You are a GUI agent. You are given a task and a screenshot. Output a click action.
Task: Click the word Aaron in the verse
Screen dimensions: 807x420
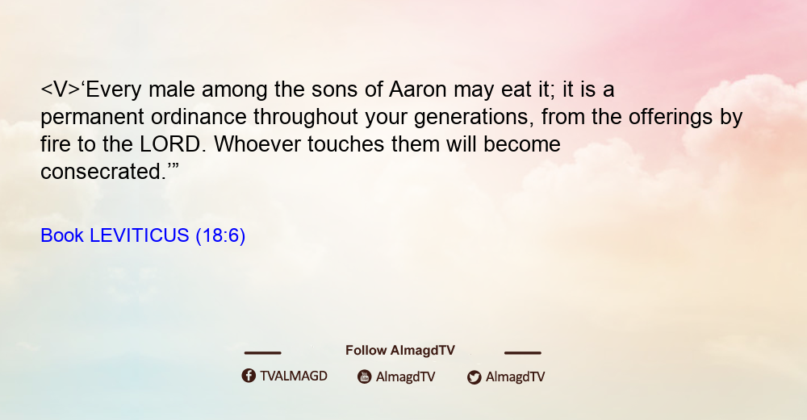click(417, 89)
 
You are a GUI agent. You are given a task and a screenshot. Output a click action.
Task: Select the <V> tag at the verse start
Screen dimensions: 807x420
click(61, 89)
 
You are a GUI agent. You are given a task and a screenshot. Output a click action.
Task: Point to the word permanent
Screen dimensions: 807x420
click(92, 118)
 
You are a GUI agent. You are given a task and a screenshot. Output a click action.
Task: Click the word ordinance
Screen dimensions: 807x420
click(199, 117)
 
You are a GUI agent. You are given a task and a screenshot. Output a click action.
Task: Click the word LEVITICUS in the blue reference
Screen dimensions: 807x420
click(140, 235)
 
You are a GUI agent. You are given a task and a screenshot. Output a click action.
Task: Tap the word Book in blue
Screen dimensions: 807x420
click(62, 235)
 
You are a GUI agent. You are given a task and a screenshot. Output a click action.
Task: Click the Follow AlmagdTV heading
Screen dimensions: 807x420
click(400, 350)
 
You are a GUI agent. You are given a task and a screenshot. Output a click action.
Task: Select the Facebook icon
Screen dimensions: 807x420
click(249, 376)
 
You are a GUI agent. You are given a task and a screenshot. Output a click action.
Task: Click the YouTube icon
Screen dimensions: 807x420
click(365, 376)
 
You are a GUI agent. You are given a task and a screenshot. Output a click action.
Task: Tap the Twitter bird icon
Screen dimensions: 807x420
click(474, 377)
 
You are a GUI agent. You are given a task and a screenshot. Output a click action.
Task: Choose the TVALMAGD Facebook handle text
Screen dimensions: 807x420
click(294, 376)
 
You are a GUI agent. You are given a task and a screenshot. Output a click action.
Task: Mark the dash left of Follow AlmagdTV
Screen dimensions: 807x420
click(262, 353)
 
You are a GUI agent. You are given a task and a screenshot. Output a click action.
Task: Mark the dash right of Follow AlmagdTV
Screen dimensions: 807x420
click(523, 353)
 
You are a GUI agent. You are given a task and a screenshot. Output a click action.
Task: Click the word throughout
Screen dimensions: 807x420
click(306, 118)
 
